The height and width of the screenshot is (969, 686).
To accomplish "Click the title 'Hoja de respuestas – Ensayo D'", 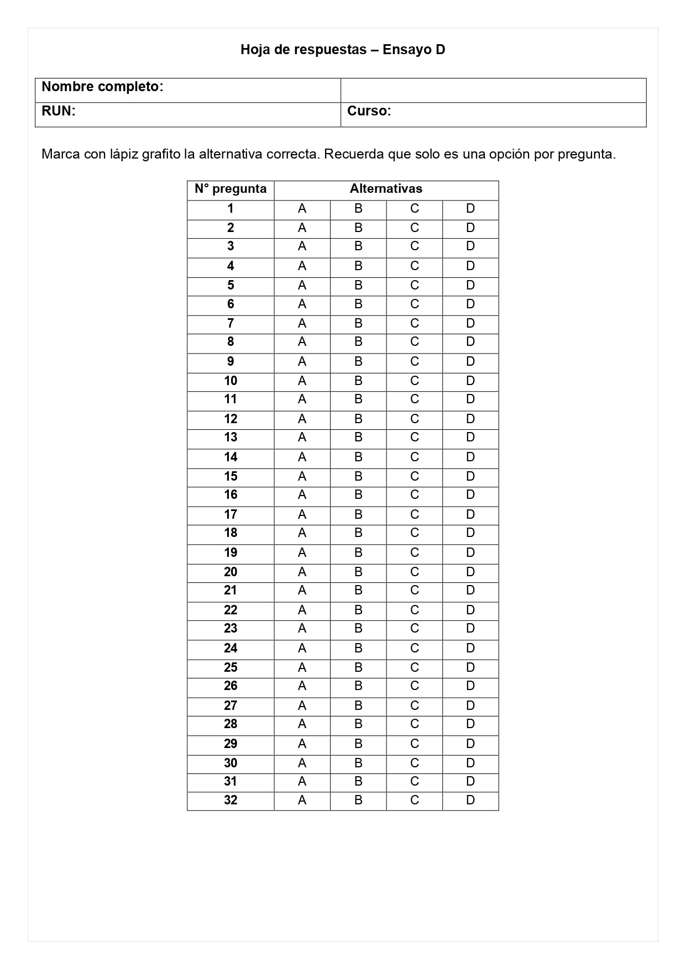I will point(343,50).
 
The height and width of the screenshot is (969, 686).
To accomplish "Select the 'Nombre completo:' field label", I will point(102,87).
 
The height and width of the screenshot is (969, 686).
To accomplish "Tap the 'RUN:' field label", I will point(59,111).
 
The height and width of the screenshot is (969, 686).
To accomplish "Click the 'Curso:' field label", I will point(369,111).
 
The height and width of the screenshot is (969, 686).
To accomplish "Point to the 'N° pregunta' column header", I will point(231,189).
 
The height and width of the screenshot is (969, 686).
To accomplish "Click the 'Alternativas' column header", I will point(386,189).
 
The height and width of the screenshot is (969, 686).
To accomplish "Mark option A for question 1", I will point(302,209).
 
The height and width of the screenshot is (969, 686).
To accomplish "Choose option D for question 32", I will point(470,800).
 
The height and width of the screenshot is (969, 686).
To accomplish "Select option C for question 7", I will point(415,323).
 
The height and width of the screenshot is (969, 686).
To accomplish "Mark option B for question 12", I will point(358,419).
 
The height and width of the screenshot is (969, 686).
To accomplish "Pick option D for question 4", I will point(470,266).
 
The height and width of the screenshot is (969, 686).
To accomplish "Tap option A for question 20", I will point(302,572).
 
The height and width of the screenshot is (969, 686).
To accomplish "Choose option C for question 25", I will point(415,667).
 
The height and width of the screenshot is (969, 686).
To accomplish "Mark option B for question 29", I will point(358,744).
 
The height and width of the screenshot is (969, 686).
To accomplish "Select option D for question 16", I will point(470,495).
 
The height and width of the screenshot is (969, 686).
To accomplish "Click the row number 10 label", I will point(231,381).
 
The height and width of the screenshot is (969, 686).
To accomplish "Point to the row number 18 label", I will point(231,533).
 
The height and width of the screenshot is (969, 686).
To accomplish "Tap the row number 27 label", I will point(231,705).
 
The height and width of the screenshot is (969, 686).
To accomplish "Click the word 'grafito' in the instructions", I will point(161,154).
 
